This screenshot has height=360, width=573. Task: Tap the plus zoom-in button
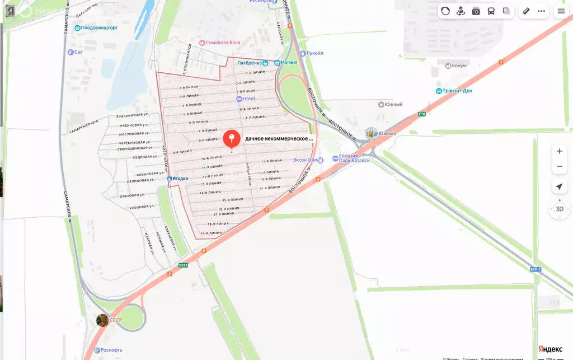tap(559, 151)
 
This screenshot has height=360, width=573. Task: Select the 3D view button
tap(559, 209)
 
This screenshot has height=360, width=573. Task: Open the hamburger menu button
tap(561, 11)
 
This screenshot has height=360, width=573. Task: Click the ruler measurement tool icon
tap(526, 11)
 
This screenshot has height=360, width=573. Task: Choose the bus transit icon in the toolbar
tap(491, 11)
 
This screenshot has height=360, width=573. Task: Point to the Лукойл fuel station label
tap(314, 53)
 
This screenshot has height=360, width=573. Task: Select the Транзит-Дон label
tap(456, 91)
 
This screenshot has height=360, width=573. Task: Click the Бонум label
tap(458, 66)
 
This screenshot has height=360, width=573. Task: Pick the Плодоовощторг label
tap(99, 27)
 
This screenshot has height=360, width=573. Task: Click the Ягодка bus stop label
tap(180, 179)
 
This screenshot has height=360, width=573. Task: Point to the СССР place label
tap(115, 320)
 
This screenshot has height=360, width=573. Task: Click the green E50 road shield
tap(421, 114)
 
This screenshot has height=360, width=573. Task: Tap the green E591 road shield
tap(184, 265)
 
